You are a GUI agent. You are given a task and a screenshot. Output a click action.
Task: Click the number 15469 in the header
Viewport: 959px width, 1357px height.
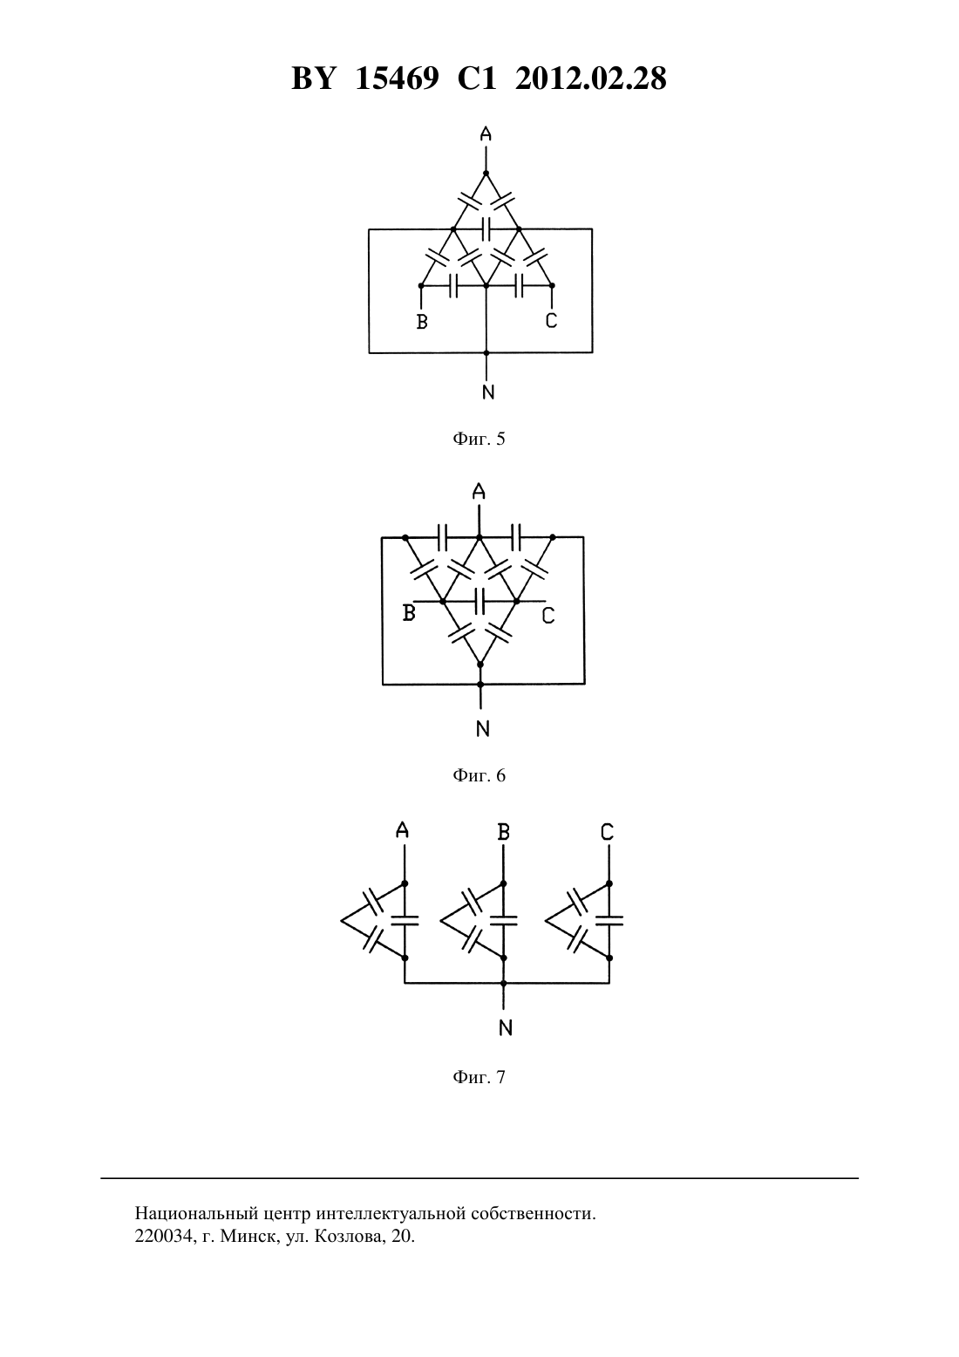[x=397, y=78]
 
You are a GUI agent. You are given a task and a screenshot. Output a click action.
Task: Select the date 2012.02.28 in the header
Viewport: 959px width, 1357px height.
[x=591, y=78]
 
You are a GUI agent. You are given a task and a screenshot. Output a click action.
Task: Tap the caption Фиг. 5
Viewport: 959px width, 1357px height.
[x=479, y=439]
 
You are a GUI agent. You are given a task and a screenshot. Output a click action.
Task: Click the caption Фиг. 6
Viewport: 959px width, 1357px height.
[x=479, y=775]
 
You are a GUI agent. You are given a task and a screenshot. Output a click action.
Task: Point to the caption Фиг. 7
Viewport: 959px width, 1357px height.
[x=479, y=1077]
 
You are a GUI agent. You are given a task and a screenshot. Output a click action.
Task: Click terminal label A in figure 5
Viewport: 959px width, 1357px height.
[x=486, y=133]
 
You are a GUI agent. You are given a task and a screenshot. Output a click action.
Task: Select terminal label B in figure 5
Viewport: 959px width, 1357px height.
[x=422, y=322]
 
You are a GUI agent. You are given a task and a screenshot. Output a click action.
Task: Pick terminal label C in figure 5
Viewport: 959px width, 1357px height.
[x=551, y=320]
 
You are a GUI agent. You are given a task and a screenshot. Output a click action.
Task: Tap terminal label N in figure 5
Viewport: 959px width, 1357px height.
[x=488, y=392]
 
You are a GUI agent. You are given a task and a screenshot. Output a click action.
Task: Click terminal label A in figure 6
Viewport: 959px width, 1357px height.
[x=479, y=491]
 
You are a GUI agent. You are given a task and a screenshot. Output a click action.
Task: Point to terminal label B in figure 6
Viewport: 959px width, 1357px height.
[x=409, y=613]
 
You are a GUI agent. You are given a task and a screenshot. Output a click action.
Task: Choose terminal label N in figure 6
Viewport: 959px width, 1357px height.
[x=482, y=729]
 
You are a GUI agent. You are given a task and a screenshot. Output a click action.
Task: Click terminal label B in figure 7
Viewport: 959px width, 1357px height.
[x=503, y=832]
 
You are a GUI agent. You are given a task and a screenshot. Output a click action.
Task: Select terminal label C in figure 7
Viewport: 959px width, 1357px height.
[x=608, y=832]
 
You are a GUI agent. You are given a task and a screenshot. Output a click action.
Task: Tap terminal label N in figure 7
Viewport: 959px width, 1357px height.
[x=506, y=1027]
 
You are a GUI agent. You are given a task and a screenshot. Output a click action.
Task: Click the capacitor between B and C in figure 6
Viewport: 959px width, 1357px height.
[x=479, y=602]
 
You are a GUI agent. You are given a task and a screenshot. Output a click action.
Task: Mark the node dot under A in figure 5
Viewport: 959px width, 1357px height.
[x=486, y=174]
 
